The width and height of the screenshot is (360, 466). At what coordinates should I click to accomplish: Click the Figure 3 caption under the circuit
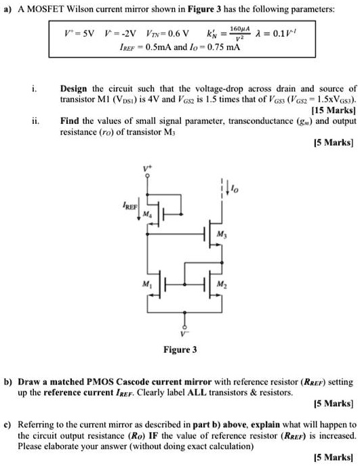pyautogui.click(x=180, y=350)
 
